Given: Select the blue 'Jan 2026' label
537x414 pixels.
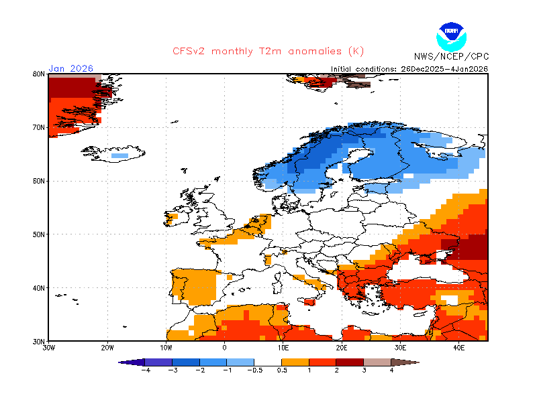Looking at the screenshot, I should pyautogui.click(x=70, y=68).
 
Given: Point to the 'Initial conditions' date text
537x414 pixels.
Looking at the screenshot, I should pyautogui.click(x=409, y=68).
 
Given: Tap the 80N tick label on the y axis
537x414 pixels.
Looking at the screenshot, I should pyautogui.click(x=38, y=74).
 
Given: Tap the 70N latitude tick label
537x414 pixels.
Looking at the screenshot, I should pyautogui.click(x=38, y=127).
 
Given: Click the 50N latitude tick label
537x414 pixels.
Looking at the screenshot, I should pyautogui.click(x=38, y=234).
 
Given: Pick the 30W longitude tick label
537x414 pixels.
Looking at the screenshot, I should pyautogui.click(x=48, y=348).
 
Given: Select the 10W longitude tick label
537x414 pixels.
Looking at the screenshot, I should pyautogui.click(x=166, y=348).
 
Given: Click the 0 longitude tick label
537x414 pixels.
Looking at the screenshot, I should pyautogui.click(x=224, y=348).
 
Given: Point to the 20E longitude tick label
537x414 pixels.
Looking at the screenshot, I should pyautogui.click(x=342, y=348).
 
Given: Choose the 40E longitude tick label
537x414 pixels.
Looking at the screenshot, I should pyautogui.click(x=459, y=348).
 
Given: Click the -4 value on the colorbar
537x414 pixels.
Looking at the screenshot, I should pyautogui.click(x=145, y=369).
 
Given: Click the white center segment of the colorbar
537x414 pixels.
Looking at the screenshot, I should pyautogui.click(x=268, y=362).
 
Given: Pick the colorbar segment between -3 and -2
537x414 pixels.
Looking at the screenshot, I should pyautogui.click(x=186, y=362).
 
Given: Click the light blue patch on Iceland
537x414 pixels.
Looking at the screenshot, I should pyautogui.click(x=119, y=155).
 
